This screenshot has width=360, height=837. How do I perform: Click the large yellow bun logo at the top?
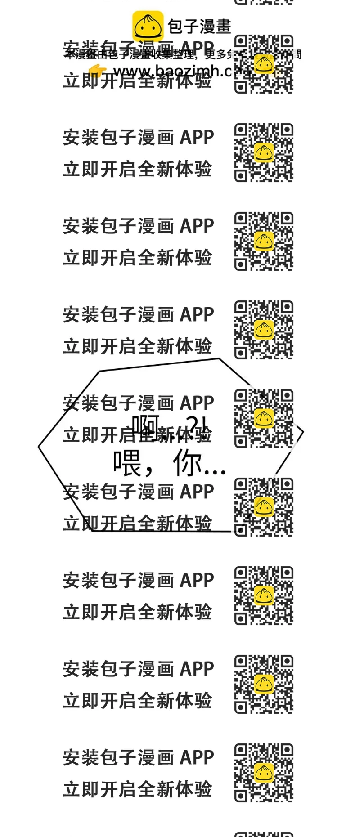(148, 26)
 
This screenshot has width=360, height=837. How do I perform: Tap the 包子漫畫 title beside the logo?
(199, 27)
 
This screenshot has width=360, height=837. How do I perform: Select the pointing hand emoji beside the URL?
(97, 70)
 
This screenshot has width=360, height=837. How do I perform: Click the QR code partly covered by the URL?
(264, 64)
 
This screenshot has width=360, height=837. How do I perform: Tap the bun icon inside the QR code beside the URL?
(264, 63)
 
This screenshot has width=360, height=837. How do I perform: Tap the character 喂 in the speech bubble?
(127, 463)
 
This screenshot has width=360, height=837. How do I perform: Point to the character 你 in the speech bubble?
(187, 463)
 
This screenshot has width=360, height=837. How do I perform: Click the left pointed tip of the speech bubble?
(39, 447)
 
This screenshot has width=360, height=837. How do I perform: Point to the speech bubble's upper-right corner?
(220, 359)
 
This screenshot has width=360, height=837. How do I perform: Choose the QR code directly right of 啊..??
(264, 418)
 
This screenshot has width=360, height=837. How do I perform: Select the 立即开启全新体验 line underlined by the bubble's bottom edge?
(137, 523)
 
